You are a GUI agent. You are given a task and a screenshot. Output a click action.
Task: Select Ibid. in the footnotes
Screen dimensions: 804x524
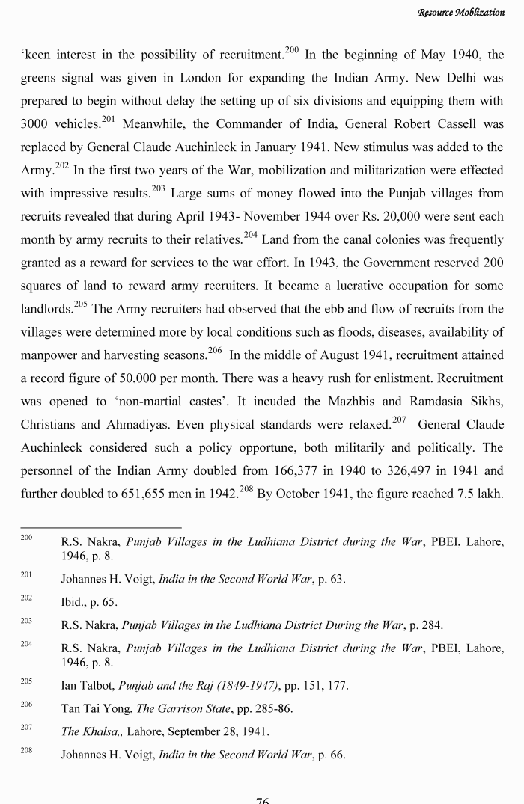coord(73,602)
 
